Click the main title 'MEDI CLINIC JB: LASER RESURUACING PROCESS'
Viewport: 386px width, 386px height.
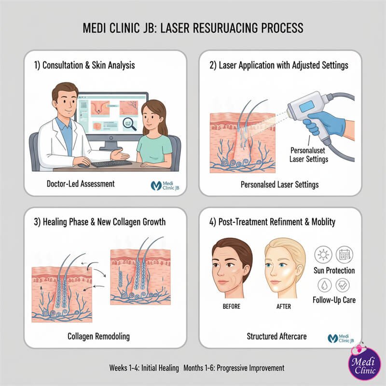(193, 28)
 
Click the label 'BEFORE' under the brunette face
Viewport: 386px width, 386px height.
(232, 306)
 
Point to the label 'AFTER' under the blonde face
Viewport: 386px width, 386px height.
(284, 306)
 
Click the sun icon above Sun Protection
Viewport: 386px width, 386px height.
(323, 254)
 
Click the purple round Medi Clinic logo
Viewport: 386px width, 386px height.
(363, 365)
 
